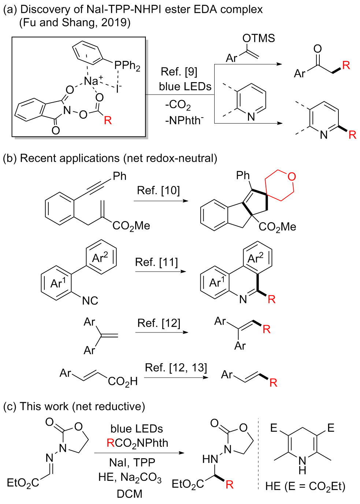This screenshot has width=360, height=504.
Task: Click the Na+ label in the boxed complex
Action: click(93, 80)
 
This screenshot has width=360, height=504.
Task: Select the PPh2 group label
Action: click(127, 66)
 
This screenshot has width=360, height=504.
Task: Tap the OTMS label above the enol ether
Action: click(259, 38)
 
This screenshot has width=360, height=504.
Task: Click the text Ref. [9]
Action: click(179, 71)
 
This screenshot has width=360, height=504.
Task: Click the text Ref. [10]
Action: click(158, 190)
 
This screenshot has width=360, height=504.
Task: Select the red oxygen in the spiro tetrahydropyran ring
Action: click(292, 177)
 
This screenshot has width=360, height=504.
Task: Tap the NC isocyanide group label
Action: click(90, 301)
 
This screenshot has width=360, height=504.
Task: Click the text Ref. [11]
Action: click(156, 262)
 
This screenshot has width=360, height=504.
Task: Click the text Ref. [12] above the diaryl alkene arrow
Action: click(159, 323)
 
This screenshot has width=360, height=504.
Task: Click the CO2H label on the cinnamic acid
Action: click(123, 382)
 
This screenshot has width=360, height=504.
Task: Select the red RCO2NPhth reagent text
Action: click(137, 443)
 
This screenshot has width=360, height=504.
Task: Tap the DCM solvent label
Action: click(129, 494)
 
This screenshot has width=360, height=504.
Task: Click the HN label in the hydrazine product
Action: click(210, 459)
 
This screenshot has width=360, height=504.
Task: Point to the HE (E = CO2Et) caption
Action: click(305, 486)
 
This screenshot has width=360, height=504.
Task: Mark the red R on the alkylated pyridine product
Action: click(352, 135)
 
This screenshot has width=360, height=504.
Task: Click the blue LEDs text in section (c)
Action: click(137, 428)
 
